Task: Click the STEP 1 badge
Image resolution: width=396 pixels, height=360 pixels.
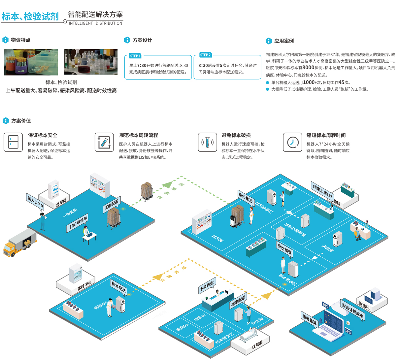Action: (135, 56)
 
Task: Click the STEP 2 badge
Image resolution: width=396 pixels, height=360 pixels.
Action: (205, 55)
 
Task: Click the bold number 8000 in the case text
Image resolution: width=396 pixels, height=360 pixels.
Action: (308, 67)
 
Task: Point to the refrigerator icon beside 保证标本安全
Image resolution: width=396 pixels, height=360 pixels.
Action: (13, 142)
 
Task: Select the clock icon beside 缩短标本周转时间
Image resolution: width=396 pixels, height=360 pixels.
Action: (292, 142)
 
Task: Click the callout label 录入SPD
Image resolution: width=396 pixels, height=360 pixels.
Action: (35, 202)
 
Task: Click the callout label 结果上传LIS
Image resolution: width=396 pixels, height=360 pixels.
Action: (322, 191)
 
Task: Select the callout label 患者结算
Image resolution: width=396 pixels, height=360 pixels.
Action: (310, 319)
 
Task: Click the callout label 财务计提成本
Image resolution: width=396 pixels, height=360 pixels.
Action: (352, 311)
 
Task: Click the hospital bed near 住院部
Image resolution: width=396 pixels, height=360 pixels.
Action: (248, 337)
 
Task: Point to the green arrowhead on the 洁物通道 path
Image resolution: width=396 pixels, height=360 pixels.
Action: (167, 185)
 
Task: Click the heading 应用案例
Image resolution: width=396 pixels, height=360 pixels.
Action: (284, 41)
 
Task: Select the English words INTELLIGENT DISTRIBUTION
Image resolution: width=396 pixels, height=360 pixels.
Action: (95, 23)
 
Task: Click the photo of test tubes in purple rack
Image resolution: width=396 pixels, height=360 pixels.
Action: (31, 62)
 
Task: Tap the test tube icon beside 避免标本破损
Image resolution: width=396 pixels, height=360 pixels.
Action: (207, 142)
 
